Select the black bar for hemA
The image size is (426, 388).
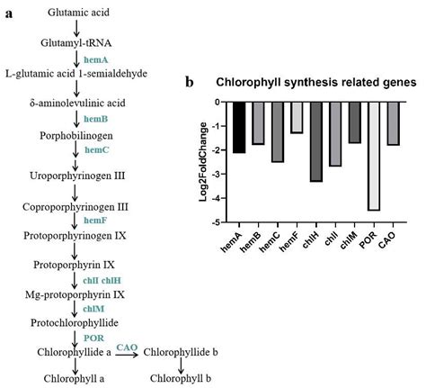pyautogui.click(x=239, y=127)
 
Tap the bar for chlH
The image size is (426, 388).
pyautogui.click(x=316, y=141)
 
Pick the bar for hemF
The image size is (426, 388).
pyautogui.click(x=297, y=117)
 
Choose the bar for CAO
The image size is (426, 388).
pyautogui.click(x=393, y=123)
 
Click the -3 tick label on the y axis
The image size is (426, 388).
pyautogui.click(x=218, y=175)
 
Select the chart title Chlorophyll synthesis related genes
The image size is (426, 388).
pyautogui.click(x=315, y=82)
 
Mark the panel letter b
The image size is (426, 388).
pyautogui.click(x=190, y=81)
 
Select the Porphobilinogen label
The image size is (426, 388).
pyautogui.click(x=75, y=136)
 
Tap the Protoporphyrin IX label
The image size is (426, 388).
pyautogui.click(x=75, y=265)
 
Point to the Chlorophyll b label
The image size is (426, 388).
pyautogui.click(x=186, y=379)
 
